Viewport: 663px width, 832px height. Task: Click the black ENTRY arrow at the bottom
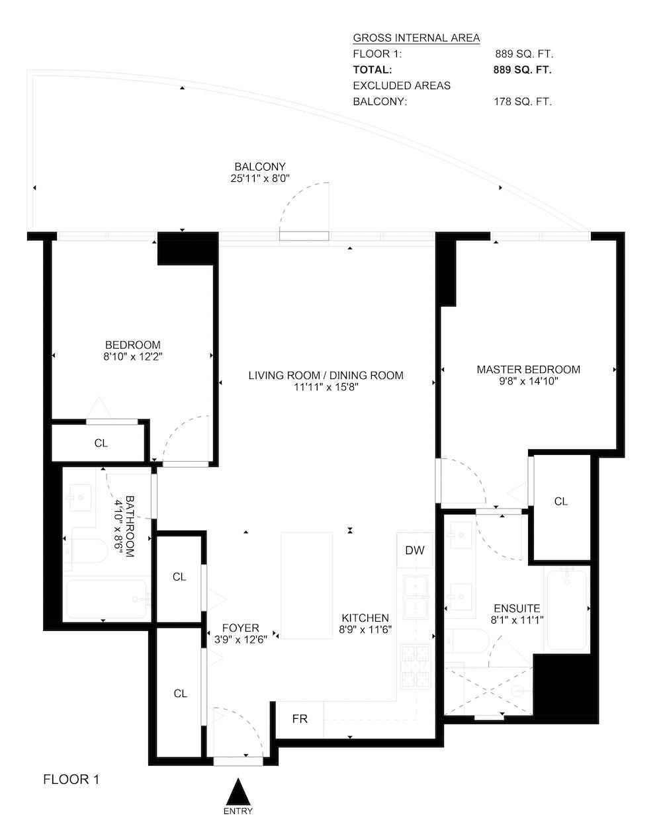click(238, 792)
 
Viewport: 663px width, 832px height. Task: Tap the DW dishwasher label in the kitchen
click(414, 550)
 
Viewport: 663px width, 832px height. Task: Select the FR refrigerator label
click(300, 719)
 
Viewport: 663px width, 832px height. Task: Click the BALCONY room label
click(260, 167)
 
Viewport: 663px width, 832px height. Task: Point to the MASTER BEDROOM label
click(528, 370)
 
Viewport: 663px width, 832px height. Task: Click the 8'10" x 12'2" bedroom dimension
click(133, 356)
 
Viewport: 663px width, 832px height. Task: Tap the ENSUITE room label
click(517, 608)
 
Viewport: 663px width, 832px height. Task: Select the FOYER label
click(241, 628)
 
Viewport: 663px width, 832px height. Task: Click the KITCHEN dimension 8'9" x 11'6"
click(365, 630)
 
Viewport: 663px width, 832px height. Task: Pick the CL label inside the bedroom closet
click(101, 443)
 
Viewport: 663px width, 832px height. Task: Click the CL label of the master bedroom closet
click(561, 501)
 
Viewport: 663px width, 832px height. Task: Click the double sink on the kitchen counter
click(416, 597)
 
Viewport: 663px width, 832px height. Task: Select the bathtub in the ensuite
click(566, 610)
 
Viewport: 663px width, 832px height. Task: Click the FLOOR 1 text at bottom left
click(71, 780)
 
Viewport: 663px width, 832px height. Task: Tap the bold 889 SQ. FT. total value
click(522, 70)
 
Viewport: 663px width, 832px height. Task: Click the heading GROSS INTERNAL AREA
click(416, 38)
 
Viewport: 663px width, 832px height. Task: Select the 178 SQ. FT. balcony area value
click(523, 102)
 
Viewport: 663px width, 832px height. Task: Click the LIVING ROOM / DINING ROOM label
click(326, 376)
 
